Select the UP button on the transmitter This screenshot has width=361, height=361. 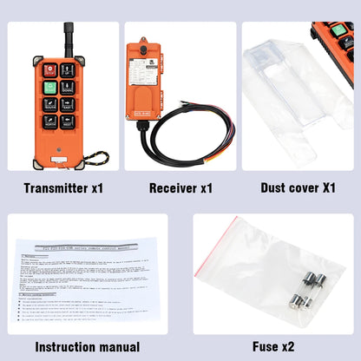click(x=68, y=69)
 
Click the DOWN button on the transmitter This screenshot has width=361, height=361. click(x=68, y=87)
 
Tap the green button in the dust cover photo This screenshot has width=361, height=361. click(x=339, y=32)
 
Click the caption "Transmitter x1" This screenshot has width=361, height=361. click(x=63, y=187)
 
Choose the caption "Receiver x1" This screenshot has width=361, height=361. click(x=180, y=187)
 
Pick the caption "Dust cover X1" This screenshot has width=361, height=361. click(x=298, y=187)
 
